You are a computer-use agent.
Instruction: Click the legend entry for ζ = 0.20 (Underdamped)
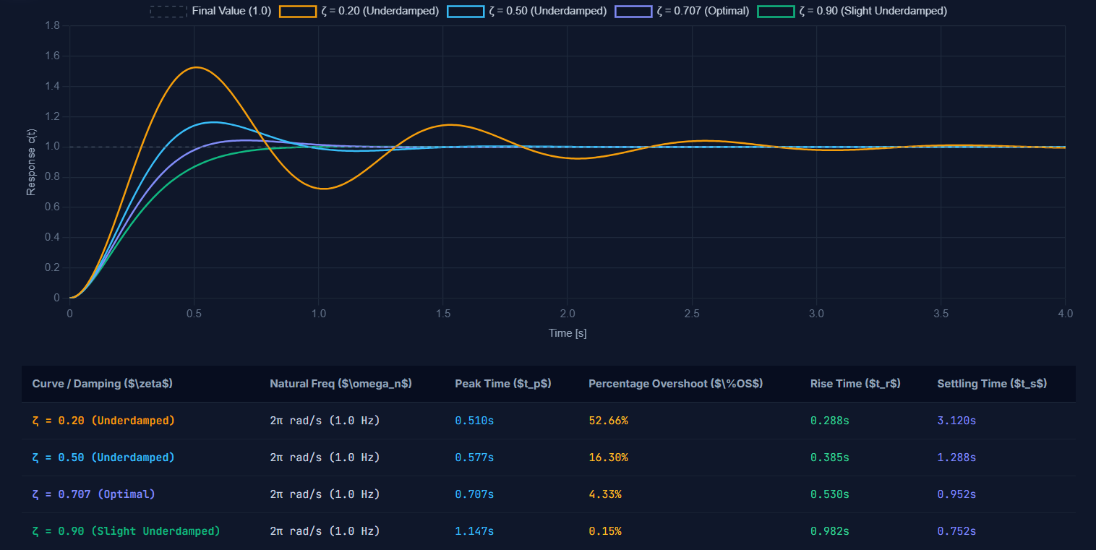359,12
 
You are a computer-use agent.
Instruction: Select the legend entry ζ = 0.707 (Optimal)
682,12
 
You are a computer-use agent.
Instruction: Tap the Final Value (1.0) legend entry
210,12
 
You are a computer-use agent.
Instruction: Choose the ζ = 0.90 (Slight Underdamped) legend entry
852,12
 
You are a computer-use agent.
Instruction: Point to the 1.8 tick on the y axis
52,25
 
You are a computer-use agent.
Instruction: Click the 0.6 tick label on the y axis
52,207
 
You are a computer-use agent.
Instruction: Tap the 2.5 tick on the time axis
692,314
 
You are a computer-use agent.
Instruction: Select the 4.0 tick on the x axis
1065,314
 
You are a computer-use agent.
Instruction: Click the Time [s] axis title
568,333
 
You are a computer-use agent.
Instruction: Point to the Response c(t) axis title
31,163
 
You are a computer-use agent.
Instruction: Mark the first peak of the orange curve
196,67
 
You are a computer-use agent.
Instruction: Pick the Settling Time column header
992,384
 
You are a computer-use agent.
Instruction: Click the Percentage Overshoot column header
675,384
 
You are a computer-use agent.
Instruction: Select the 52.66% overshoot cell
608,421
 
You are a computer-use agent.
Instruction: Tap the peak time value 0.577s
474,457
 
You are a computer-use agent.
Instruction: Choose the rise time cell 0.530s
829,494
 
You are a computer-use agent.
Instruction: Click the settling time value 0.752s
956,531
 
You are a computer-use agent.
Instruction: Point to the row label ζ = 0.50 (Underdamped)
103,457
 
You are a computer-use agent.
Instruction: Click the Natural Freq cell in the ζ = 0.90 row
325,531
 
